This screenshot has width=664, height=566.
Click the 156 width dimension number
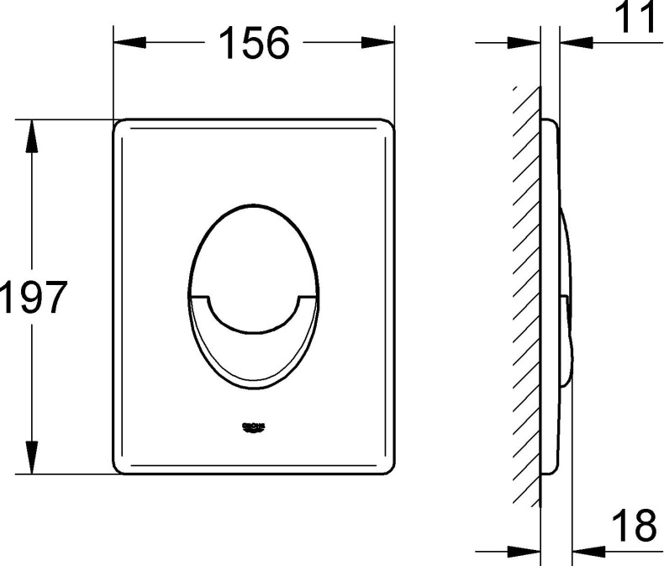pyautogui.click(x=253, y=43)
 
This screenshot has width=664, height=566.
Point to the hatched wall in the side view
pyautogui.click(x=526, y=294)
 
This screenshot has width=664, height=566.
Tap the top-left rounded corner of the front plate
pyautogui.click(x=120, y=125)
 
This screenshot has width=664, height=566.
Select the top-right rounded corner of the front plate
pyautogui.click(x=387, y=125)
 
